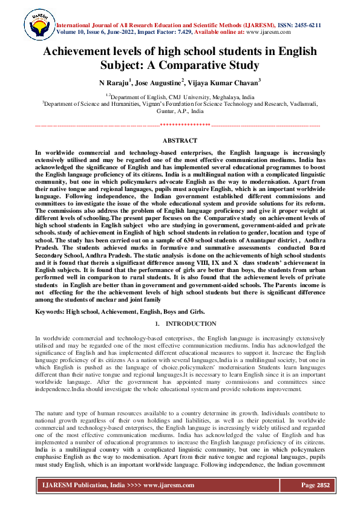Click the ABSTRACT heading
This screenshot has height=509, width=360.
tap(180, 140)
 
